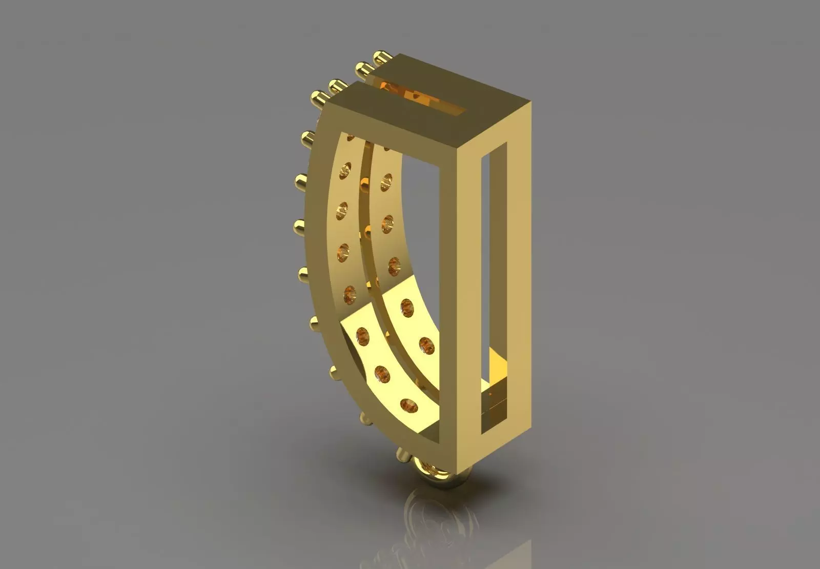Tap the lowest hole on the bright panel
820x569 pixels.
[x=409, y=404]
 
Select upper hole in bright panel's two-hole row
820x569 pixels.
[x=363, y=336]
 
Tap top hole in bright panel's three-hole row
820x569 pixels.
[x=408, y=308]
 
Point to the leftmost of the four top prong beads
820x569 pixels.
[x=318, y=96]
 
